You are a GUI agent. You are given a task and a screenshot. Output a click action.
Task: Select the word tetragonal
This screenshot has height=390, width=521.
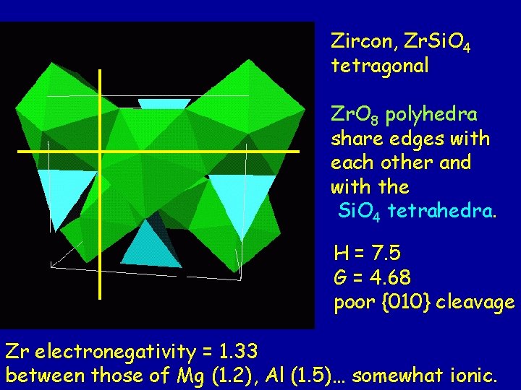click(x=380, y=66)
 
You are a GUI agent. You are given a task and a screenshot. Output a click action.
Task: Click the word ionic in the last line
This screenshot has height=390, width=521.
click(x=475, y=376)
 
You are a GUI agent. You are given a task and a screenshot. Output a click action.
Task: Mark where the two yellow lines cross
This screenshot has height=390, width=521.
click(x=100, y=152)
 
